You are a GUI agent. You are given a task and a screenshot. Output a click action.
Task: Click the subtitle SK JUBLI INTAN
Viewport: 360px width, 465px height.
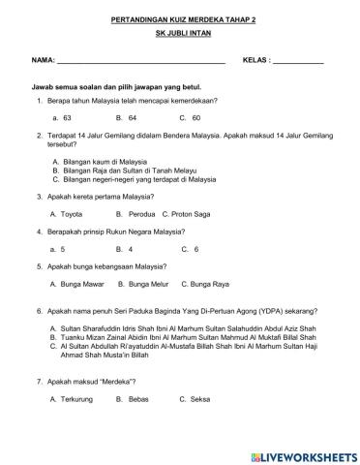tap(180, 36)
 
